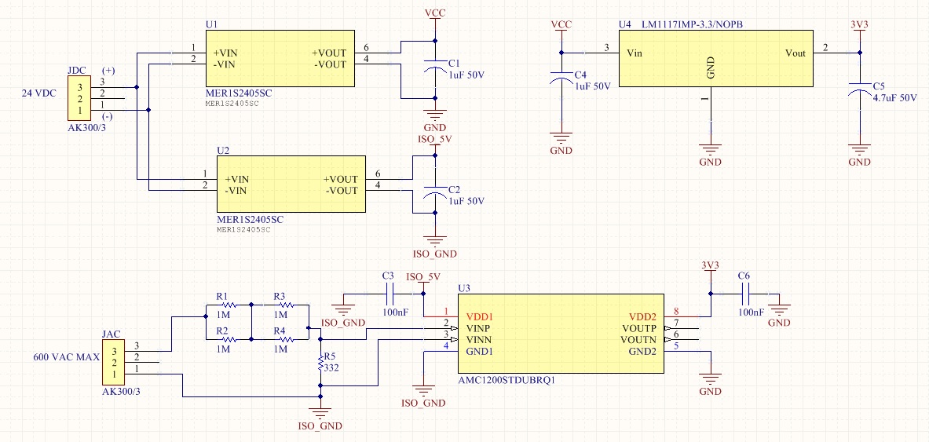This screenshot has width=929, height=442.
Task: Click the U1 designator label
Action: tap(211, 24)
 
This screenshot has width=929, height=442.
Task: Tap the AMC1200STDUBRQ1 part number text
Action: tap(507, 379)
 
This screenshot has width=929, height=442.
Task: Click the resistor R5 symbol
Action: tap(320, 363)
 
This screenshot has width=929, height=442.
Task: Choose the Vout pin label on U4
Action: tap(795, 53)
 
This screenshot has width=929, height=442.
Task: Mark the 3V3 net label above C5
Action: tap(860, 24)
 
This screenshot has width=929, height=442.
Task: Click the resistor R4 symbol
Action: tap(282, 339)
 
